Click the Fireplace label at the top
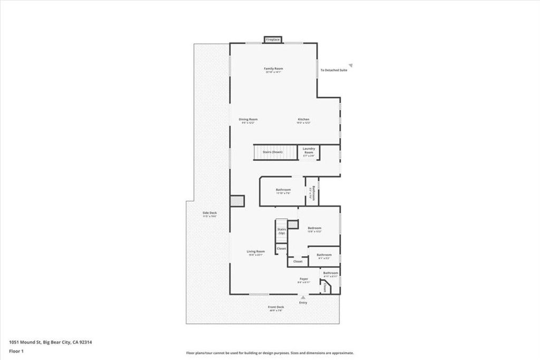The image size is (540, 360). click(x=273, y=40)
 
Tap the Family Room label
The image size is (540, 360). click(x=274, y=69)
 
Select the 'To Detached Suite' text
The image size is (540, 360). click(x=334, y=70)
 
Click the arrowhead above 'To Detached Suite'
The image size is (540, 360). click(x=350, y=65)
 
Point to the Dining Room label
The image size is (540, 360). click(x=248, y=119)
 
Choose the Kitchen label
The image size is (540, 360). click(x=303, y=119)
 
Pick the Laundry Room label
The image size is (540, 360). click(x=308, y=151)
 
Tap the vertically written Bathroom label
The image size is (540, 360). click(x=313, y=192)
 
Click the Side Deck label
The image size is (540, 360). click(x=210, y=213)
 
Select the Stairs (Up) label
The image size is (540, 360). click(x=282, y=231)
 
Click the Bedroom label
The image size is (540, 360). click(x=314, y=228)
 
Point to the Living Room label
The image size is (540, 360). click(x=256, y=251)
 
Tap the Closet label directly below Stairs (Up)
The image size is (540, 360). click(x=282, y=248)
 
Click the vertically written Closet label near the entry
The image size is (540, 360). click(x=324, y=288)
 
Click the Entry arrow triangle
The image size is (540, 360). click(x=303, y=298)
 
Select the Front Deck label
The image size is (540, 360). click(x=276, y=307)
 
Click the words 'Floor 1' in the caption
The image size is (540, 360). click(x=15, y=351)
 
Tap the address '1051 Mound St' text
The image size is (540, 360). click(x=25, y=342)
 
